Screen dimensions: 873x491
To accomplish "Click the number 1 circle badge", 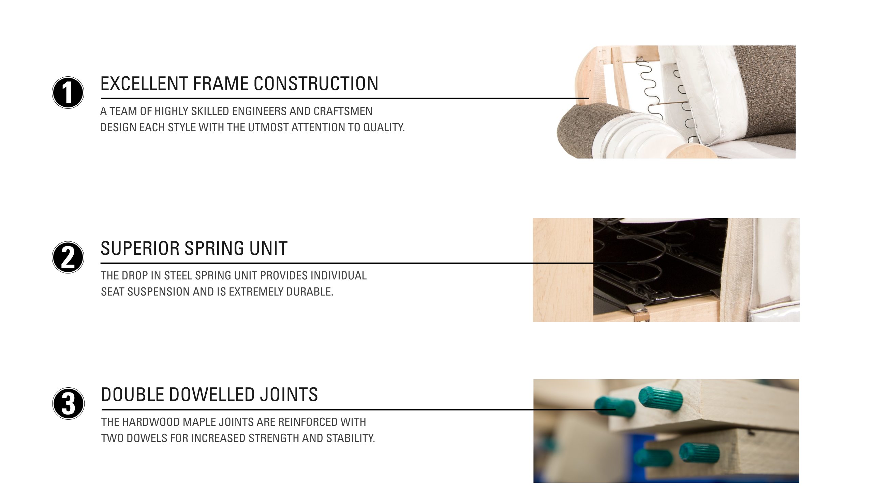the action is (68, 92).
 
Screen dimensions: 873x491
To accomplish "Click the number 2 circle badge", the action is (68, 257).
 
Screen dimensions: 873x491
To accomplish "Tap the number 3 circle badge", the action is (68, 403).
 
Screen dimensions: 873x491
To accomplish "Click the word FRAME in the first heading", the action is (220, 84).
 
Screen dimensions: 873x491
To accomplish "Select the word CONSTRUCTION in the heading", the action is (316, 84).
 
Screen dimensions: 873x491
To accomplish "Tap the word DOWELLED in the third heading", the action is (212, 395).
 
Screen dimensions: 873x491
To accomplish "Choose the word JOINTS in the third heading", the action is (289, 395).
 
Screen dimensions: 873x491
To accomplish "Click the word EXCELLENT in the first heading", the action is (144, 84).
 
